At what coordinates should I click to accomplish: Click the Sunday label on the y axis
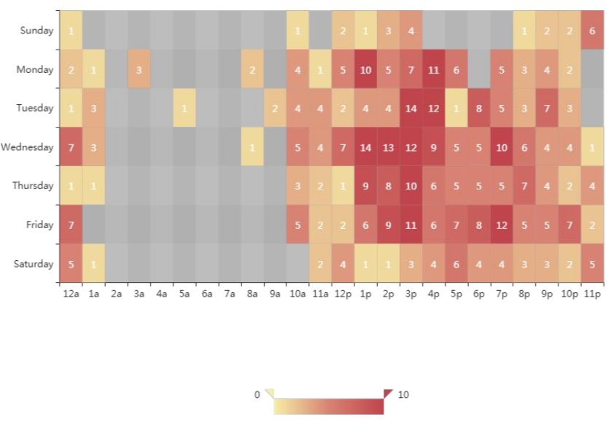click(36, 31)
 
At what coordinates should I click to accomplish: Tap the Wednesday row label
click(28, 147)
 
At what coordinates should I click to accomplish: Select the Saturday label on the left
click(34, 264)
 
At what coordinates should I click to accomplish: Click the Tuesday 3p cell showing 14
click(411, 109)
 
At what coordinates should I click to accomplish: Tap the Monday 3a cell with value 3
click(139, 70)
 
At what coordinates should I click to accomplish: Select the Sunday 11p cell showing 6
click(593, 31)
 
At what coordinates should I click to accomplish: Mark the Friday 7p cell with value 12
click(502, 225)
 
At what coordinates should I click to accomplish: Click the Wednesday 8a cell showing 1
click(252, 147)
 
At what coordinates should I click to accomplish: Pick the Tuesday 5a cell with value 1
click(184, 109)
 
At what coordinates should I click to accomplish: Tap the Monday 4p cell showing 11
click(434, 70)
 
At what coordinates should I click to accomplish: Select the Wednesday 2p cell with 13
click(389, 147)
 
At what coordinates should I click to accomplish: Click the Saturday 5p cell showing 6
click(456, 264)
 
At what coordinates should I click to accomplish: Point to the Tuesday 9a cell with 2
click(275, 109)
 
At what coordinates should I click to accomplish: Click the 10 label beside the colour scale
click(403, 395)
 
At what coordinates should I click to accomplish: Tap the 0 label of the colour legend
click(257, 395)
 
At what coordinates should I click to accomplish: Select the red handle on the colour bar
click(388, 394)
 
